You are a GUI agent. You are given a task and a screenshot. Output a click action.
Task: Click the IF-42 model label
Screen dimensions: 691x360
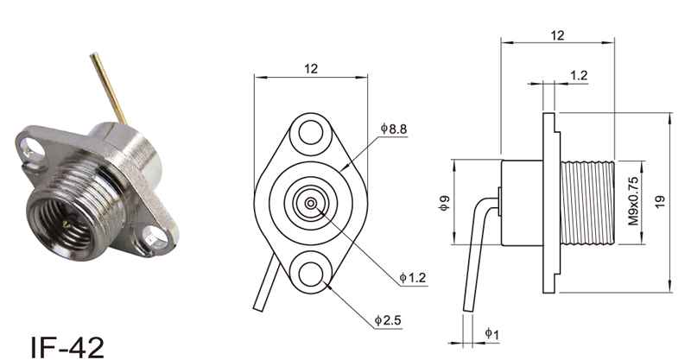coord(67,347)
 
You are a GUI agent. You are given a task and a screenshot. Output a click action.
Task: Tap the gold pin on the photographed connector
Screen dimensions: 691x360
coord(109,89)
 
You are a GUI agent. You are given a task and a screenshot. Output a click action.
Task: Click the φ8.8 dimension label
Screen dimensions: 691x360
coord(394,129)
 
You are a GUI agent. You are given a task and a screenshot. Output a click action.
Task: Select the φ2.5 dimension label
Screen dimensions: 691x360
coord(388,320)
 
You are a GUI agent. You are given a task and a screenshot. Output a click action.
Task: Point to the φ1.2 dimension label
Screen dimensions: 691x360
coord(413,278)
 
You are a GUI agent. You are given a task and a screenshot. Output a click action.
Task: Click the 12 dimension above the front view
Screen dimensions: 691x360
coord(311,69)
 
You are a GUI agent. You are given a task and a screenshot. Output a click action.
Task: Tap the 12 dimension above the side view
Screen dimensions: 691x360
coord(557,35)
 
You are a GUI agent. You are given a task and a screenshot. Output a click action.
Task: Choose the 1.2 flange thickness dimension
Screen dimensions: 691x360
coord(579,75)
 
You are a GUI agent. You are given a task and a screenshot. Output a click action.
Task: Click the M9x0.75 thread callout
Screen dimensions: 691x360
coord(633,201)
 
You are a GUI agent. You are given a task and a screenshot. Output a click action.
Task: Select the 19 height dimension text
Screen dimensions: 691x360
coord(660,202)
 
